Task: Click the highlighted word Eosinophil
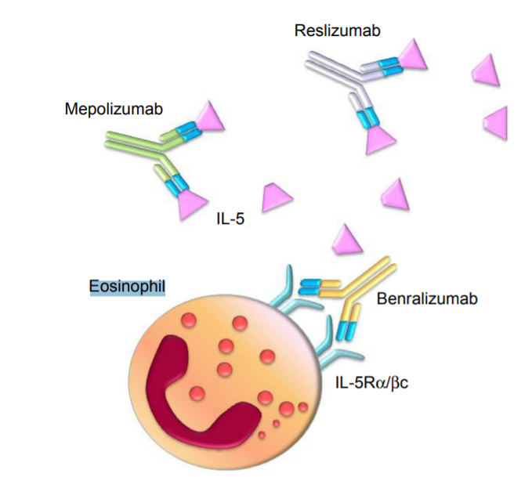point(128,288)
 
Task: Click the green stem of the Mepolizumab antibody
point(129,142)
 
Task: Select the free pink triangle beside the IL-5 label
point(277,197)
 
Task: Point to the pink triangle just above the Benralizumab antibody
point(348,239)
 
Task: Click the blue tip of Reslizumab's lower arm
point(366,117)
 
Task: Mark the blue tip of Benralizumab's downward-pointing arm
point(346,329)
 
